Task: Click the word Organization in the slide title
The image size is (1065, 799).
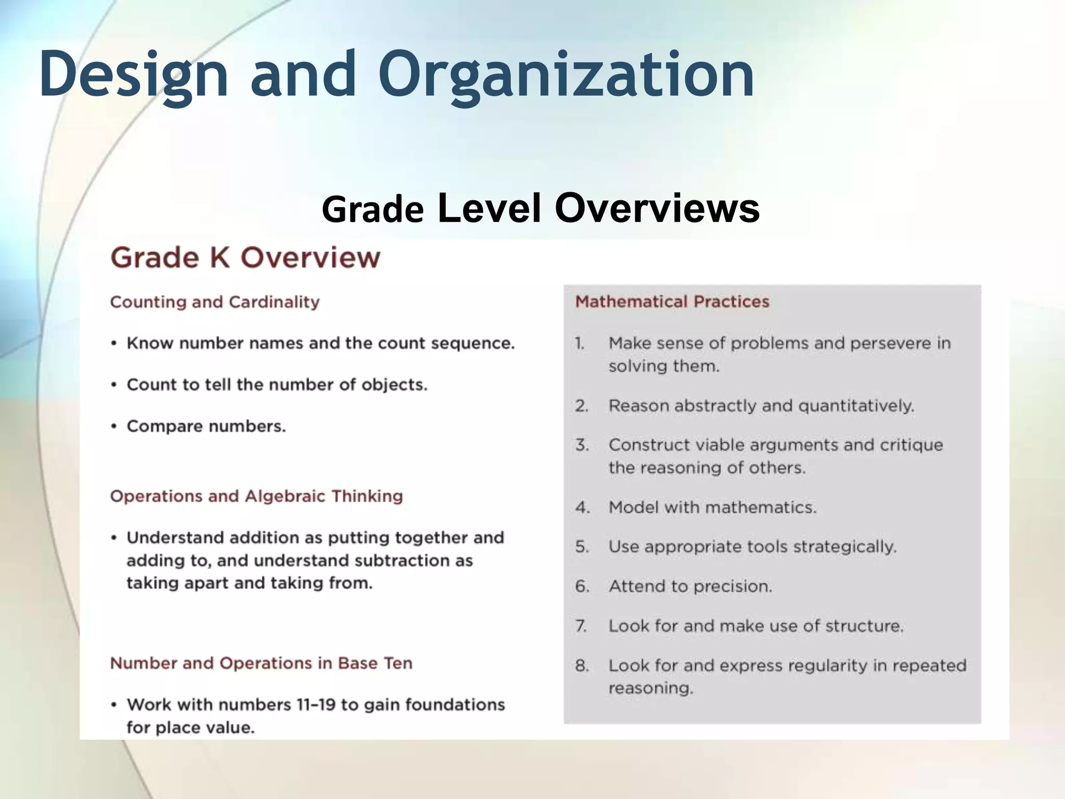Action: tap(567, 75)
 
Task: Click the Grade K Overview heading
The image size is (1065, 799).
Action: tap(245, 257)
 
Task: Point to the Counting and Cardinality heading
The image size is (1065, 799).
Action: tap(215, 302)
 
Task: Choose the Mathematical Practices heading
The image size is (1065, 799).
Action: tap(672, 302)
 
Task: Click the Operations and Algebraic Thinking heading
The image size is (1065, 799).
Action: tap(256, 496)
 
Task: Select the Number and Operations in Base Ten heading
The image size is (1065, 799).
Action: tap(261, 663)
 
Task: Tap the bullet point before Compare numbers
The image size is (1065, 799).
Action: tap(114, 427)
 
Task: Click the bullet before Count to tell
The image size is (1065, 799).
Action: tap(114, 385)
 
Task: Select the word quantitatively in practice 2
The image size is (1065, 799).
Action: tap(856, 406)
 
